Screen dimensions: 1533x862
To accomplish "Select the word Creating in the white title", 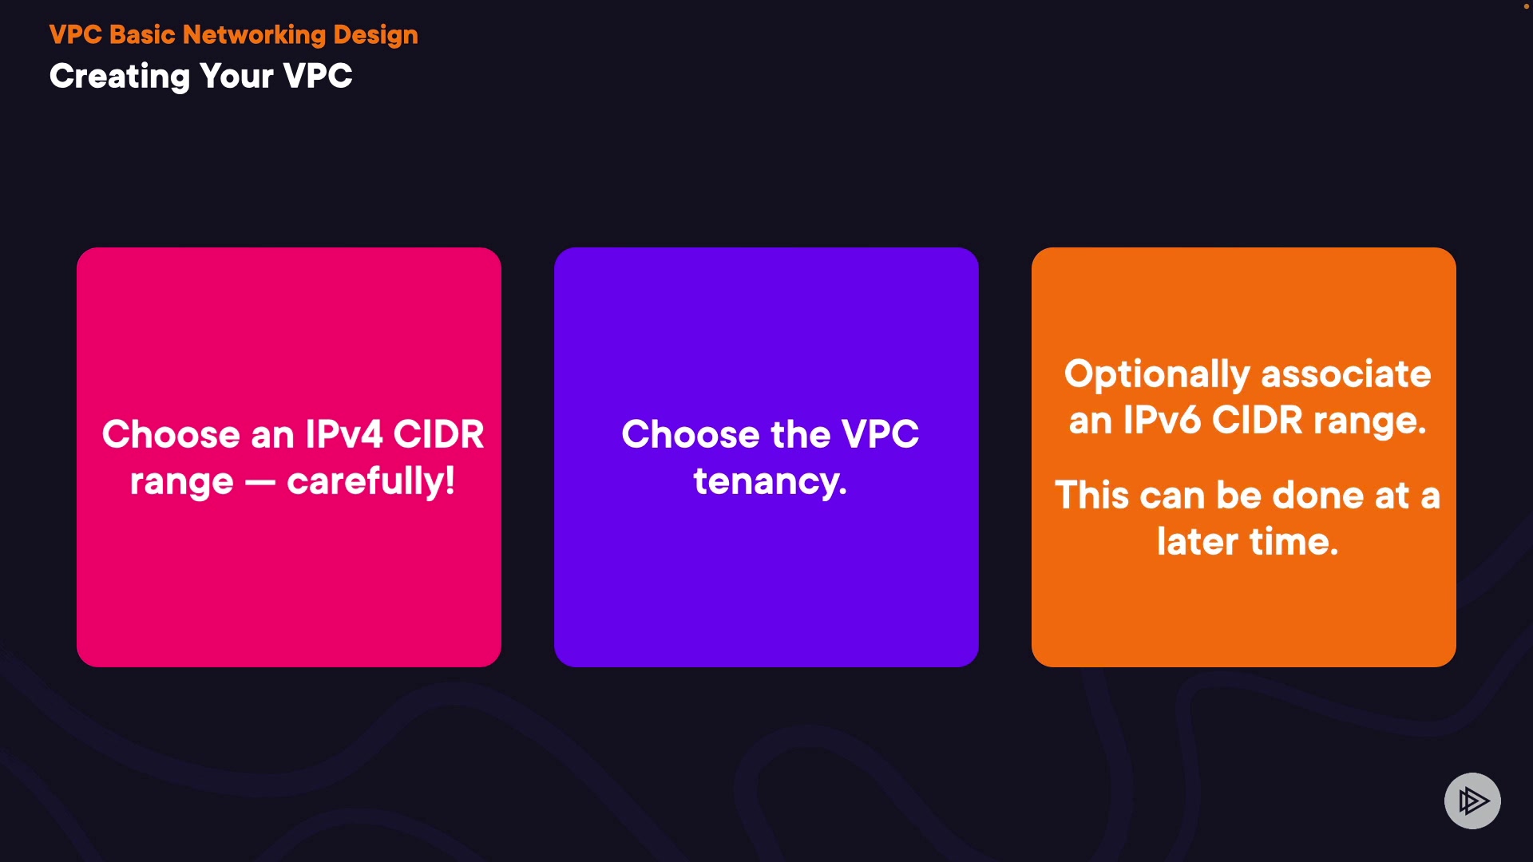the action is [x=120, y=77].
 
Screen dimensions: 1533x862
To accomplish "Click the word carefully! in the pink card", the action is [x=371, y=481].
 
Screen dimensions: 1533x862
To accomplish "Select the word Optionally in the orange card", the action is [x=1158, y=375].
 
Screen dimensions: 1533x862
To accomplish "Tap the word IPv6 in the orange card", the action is [x=1162, y=421].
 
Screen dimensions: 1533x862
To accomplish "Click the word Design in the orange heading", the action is [x=375, y=35].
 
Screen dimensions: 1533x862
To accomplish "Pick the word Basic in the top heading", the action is [x=142, y=35].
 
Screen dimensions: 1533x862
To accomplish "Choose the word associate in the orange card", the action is [x=1346, y=374].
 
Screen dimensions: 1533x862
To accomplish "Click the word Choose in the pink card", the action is [x=171, y=434].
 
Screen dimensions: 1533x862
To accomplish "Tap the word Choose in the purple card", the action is [x=691, y=434].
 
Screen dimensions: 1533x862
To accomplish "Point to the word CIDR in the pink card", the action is [x=439, y=434].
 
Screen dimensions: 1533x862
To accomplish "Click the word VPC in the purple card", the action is [x=881, y=434].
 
